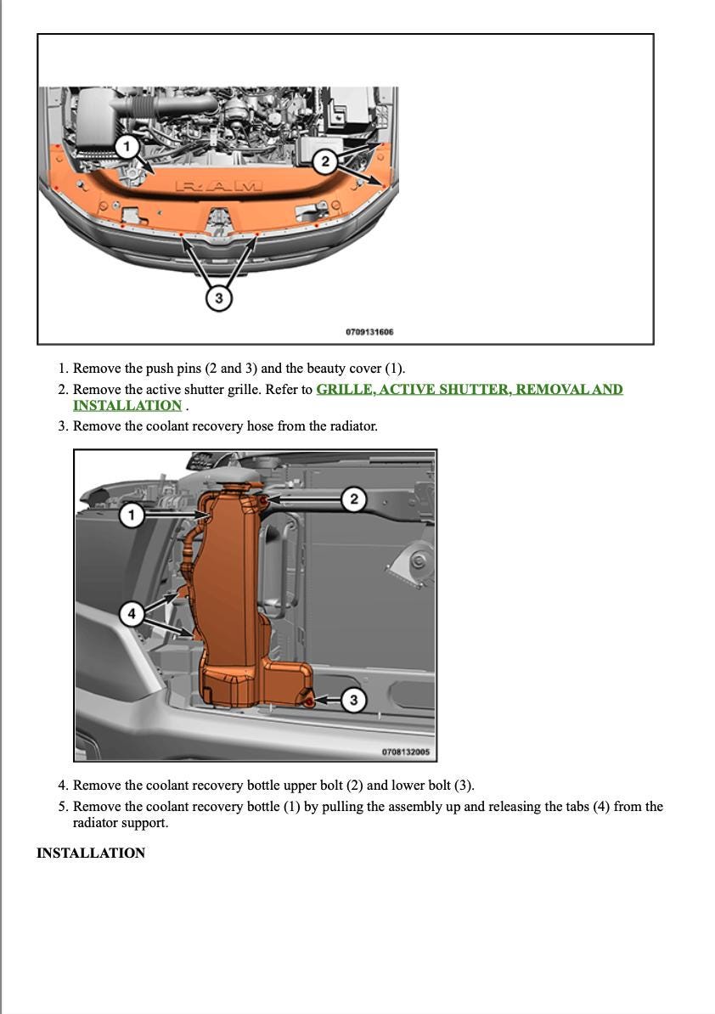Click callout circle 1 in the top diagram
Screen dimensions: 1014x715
[127, 147]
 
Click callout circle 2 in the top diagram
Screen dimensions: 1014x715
[324, 161]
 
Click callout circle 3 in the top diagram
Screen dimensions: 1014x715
[219, 298]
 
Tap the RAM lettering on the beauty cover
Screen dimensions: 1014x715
[219, 185]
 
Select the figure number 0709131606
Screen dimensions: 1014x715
[369, 332]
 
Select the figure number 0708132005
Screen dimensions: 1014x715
[405, 752]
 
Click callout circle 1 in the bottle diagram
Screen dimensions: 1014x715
[131, 515]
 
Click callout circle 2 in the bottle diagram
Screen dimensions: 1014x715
[354, 499]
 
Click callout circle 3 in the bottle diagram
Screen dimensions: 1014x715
[353, 701]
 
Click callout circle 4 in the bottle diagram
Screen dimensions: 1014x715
[131, 613]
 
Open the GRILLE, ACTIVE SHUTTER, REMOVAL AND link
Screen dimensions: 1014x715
[469, 390]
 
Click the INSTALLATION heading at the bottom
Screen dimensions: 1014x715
[91, 853]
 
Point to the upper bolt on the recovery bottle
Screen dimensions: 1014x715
[264, 502]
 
